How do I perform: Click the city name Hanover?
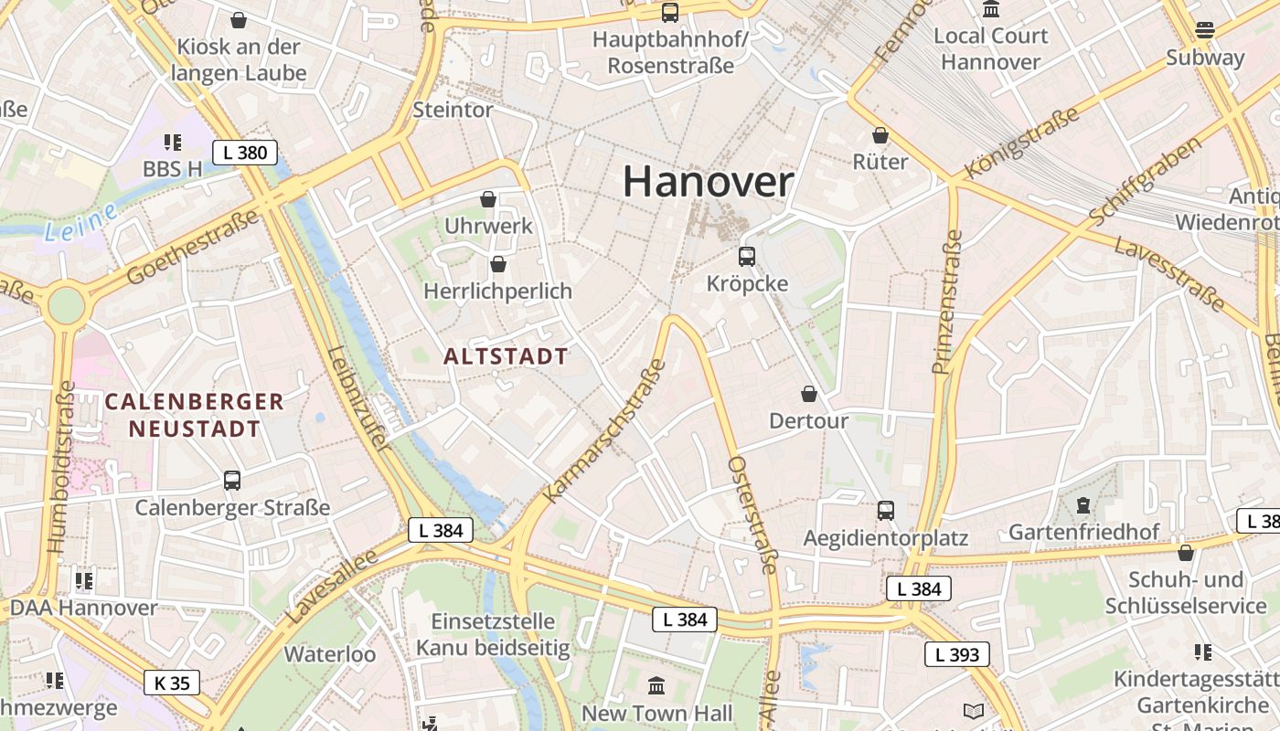pos(708,182)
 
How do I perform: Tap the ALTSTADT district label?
pos(506,356)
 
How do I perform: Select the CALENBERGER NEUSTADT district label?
pos(194,415)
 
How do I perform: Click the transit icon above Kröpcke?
pos(747,257)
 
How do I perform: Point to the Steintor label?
pos(453,110)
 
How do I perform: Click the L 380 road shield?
pos(245,153)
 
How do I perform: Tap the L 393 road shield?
pos(956,654)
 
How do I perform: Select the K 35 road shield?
pos(172,683)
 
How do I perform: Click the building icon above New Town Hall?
pos(656,685)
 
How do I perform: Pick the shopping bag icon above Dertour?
pos(808,394)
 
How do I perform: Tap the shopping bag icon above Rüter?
pos(880,135)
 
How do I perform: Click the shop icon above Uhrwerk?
pos(488,198)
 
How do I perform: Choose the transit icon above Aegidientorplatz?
pos(885,511)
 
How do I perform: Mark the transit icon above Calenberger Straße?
pos(232,481)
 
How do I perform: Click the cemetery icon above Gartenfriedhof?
pos(1083,504)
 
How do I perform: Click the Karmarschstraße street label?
pos(604,431)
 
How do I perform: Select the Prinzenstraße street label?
pos(948,302)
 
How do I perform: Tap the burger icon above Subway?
pos(1205,29)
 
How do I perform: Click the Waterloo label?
pos(329,654)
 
